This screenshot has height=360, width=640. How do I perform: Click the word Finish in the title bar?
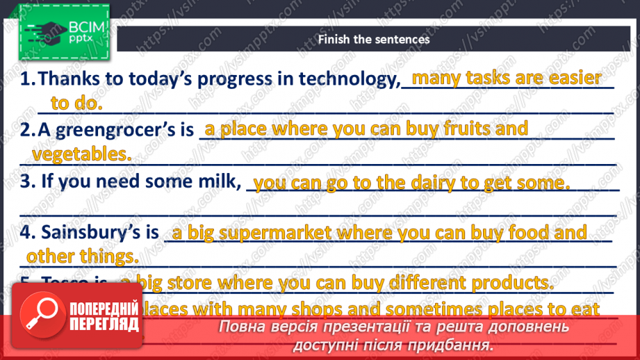334,39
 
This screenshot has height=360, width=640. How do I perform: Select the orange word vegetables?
82,154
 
